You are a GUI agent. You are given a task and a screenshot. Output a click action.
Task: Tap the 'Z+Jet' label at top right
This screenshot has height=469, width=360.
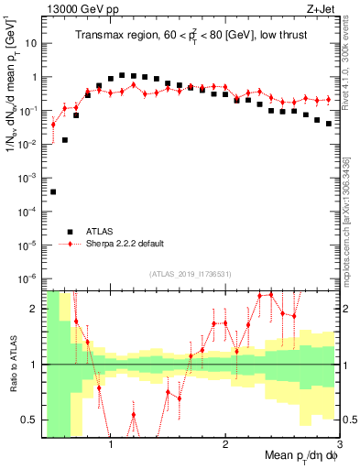[x=320, y=10]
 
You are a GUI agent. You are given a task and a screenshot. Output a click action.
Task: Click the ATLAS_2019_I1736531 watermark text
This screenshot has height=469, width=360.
[x=191, y=274]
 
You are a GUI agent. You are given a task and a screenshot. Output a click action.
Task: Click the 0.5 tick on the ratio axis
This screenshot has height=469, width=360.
[x=32, y=420]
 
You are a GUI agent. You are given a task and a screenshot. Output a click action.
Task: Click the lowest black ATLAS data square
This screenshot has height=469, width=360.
[x=53, y=191]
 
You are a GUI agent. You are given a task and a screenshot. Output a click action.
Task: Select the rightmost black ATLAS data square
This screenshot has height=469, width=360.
[x=329, y=123]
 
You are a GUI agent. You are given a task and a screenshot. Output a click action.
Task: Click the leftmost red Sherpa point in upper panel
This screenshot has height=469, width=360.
[x=53, y=125]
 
